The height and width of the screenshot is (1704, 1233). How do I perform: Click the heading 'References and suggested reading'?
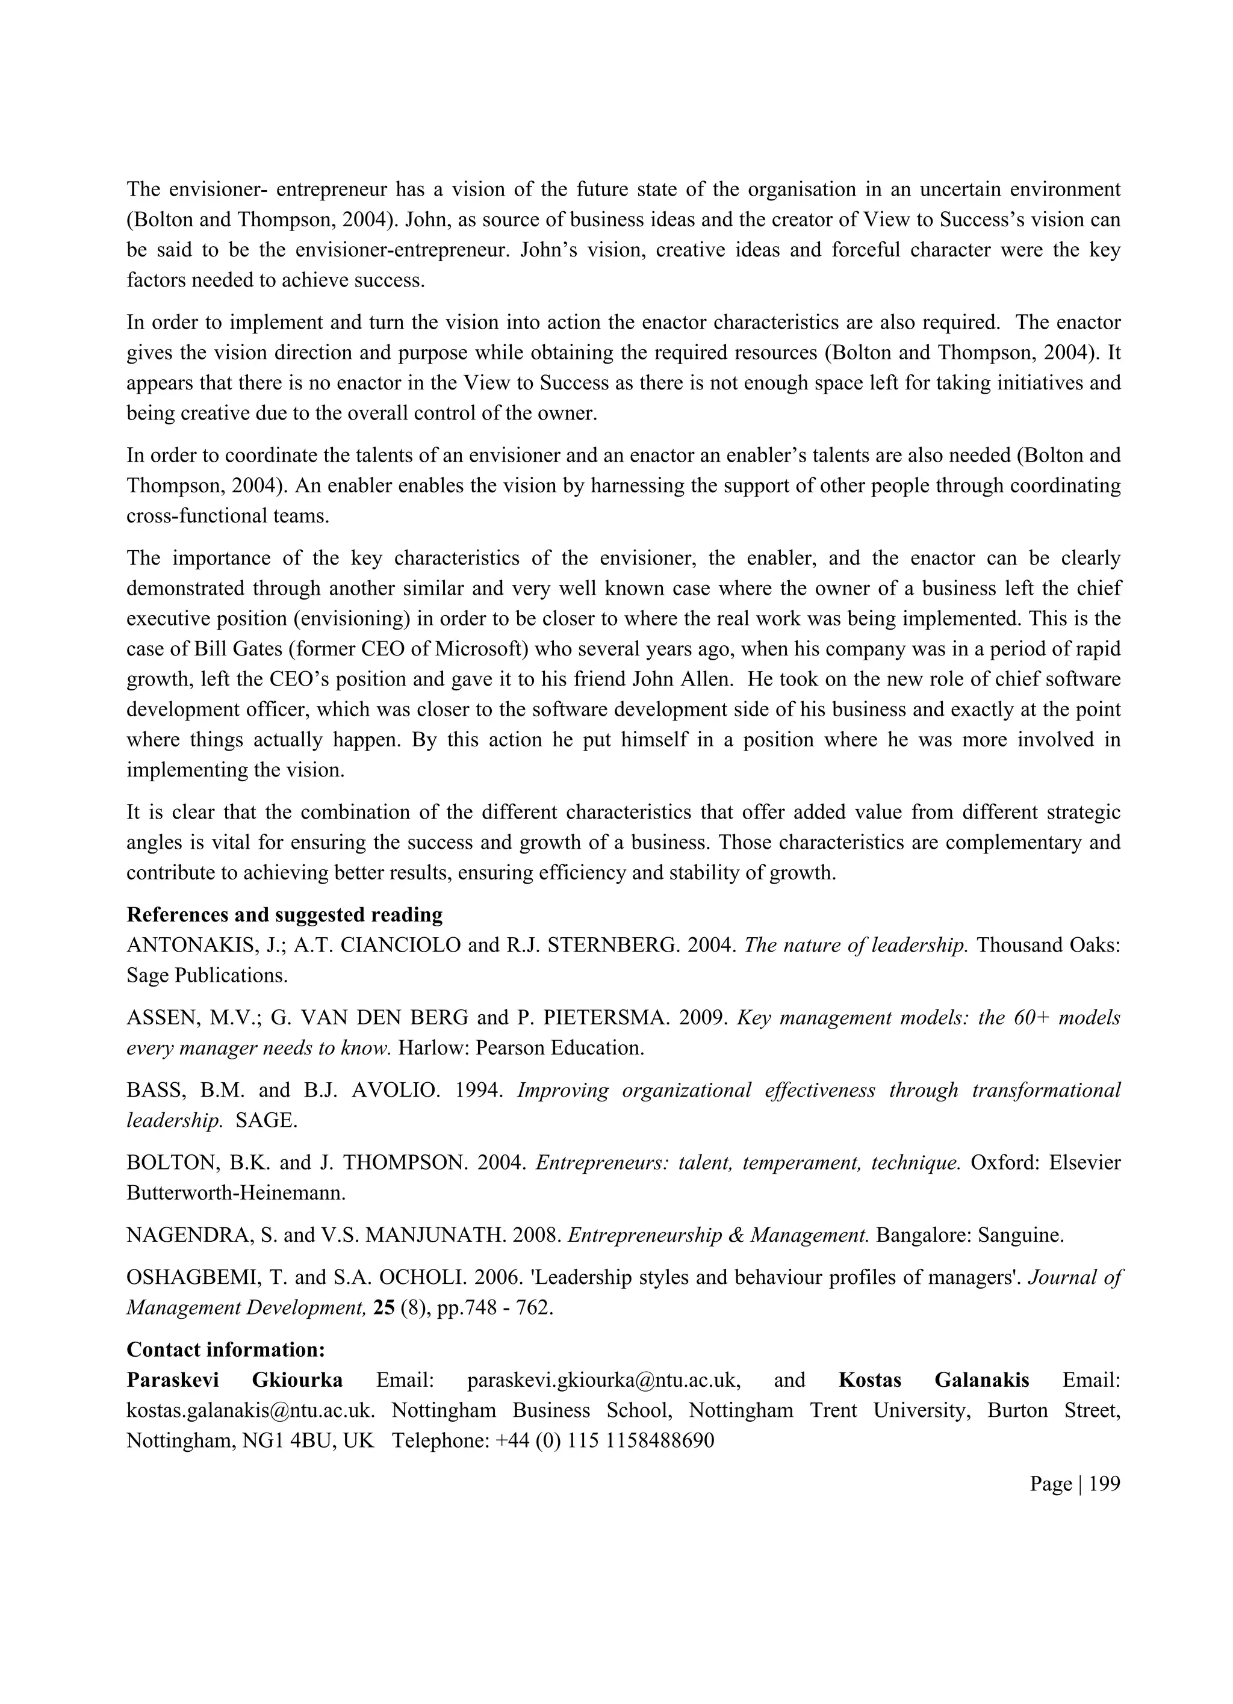pyautogui.click(x=284, y=914)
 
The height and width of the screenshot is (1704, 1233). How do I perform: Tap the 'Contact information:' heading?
pyautogui.click(x=225, y=1349)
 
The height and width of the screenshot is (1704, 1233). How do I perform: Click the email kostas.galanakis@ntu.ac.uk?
pyautogui.click(x=250, y=1410)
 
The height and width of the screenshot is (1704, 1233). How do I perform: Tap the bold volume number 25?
pyautogui.click(x=384, y=1308)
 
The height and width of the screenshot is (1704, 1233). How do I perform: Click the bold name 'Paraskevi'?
pyautogui.click(x=173, y=1380)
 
